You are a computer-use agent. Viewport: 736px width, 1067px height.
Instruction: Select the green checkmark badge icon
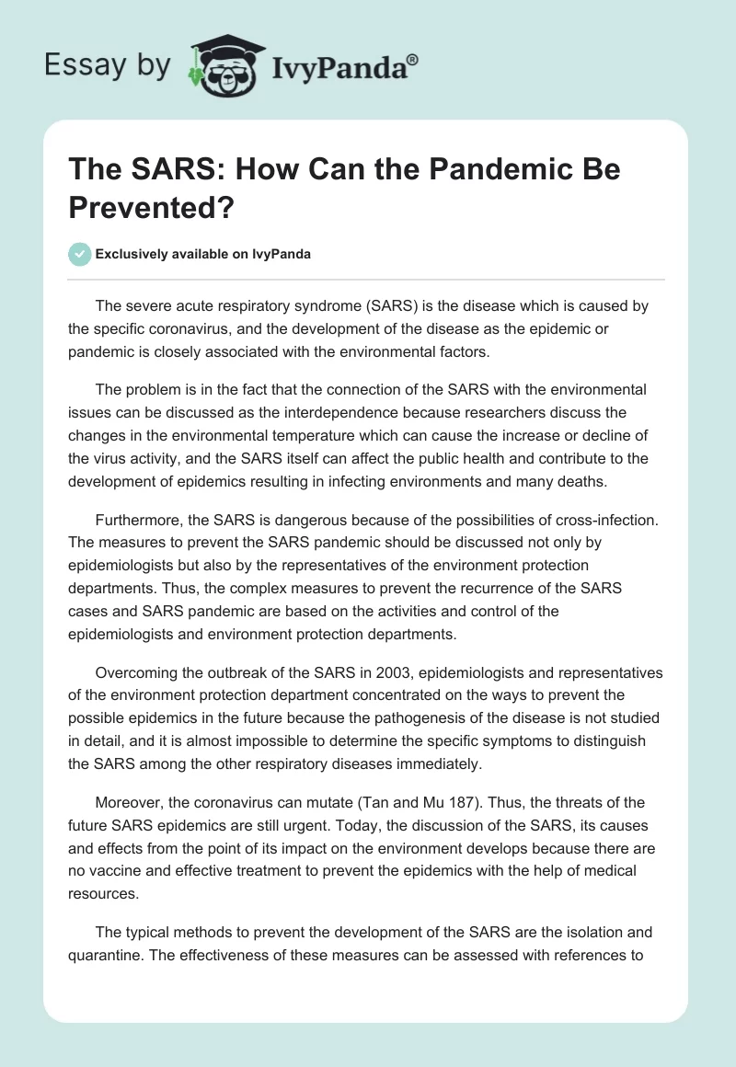pyautogui.click(x=79, y=254)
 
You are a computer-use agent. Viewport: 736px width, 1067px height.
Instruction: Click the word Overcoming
pyautogui.click(x=143, y=672)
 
